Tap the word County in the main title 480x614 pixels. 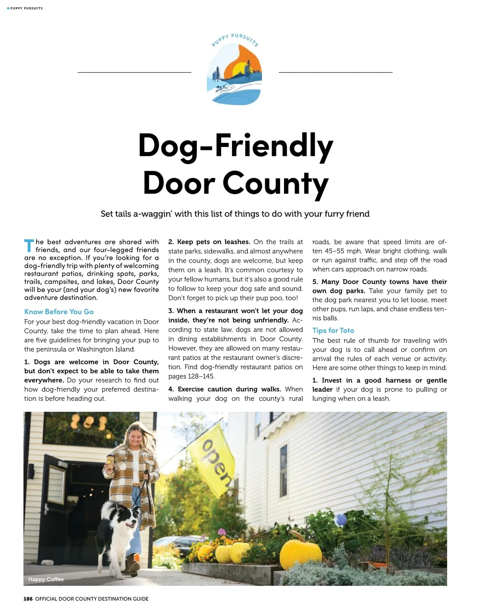276,183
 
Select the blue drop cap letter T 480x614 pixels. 28,246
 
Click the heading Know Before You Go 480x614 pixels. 59,312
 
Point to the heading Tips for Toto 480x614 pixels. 333,330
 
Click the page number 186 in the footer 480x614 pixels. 28,599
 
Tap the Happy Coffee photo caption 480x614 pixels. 46,579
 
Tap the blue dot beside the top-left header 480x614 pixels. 8,8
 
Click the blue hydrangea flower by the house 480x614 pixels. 340,519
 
